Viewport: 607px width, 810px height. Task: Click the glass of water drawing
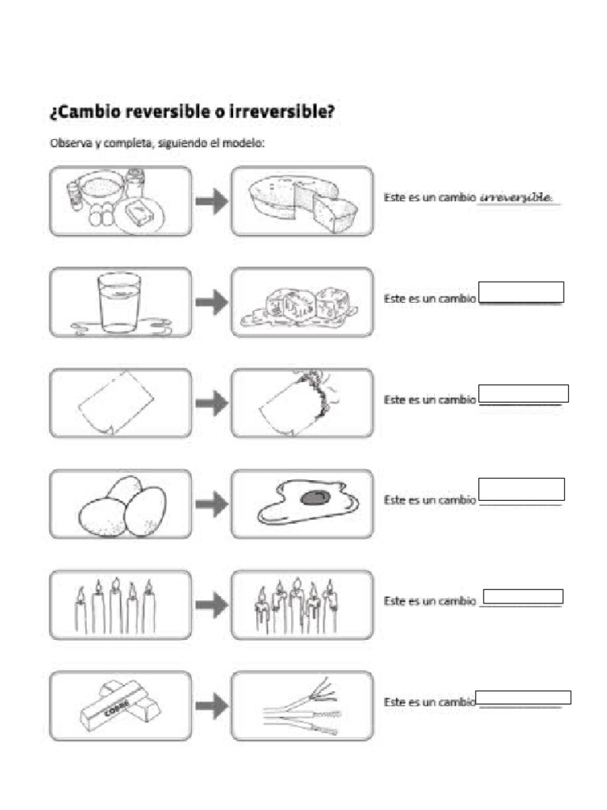tap(119, 301)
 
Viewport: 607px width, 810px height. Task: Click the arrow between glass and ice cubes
tap(210, 302)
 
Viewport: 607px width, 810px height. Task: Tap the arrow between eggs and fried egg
tap(210, 504)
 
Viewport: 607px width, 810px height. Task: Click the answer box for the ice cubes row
tap(521, 292)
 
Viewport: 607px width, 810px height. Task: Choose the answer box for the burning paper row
tap(524, 393)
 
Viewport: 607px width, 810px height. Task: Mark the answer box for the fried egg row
tap(522, 489)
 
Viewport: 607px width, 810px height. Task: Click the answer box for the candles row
tap(522, 596)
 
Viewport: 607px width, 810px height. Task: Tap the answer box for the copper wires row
tap(524, 698)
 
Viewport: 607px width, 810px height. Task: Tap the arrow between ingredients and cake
tap(210, 202)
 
